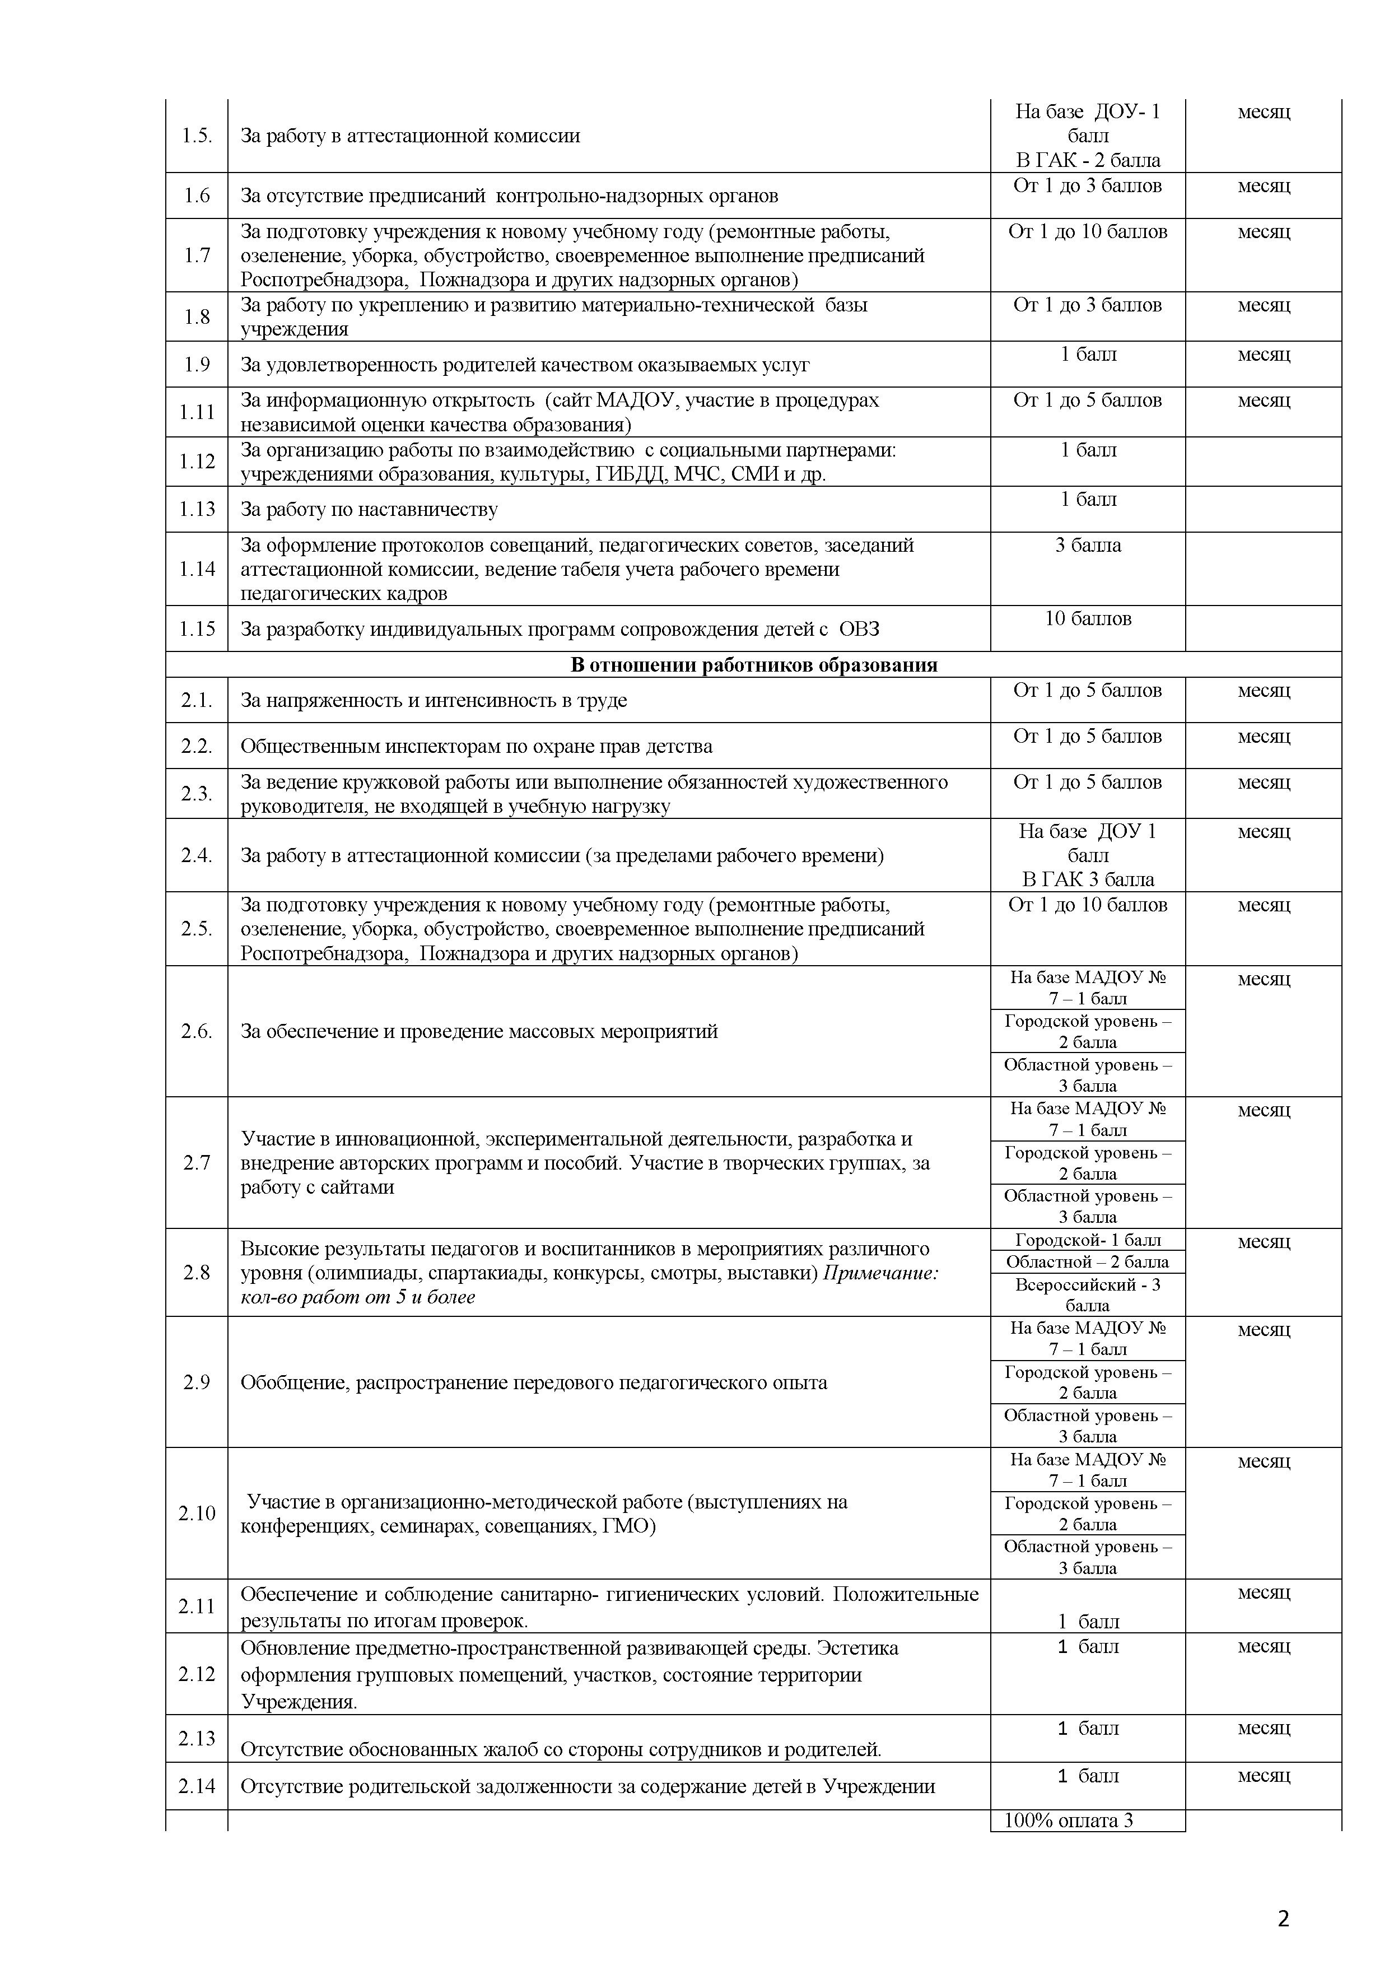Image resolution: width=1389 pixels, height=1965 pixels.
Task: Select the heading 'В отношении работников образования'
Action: [x=753, y=665]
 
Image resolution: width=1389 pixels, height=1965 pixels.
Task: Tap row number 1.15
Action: [x=197, y=629]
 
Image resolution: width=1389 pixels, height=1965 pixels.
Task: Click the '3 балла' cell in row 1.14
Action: [x=1088, y=545]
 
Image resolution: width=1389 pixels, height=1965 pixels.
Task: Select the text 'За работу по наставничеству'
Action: [x=369, y=510]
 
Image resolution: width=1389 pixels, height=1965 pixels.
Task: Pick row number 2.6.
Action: [x=197, y=1031]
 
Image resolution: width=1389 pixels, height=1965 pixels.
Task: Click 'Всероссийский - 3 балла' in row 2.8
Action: [x=1088, y=1295]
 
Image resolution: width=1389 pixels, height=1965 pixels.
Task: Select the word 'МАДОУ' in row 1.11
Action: [x=624, y=401]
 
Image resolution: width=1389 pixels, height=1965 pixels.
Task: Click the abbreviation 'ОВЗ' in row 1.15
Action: [x=859, y=630]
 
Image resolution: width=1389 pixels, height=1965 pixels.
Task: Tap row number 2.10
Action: [x=197, y=1513]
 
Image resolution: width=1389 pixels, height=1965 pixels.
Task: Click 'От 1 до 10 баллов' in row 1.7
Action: [x=1088, y=232]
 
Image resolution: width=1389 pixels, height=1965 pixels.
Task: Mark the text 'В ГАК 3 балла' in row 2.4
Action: [x=1088, y=880]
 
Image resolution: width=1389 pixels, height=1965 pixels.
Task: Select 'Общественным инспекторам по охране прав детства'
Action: [x=476, y=746]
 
